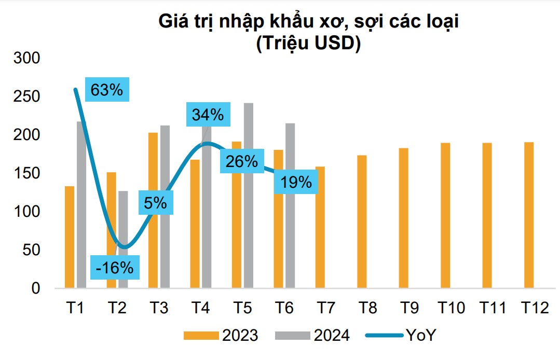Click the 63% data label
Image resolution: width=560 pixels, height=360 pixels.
pyautogui.click(x=106, y=90)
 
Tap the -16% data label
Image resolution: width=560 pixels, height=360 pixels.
pyautogui.click(x=115, y=268)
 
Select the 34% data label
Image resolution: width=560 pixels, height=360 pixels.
pyautogui.click(x=208, y=114)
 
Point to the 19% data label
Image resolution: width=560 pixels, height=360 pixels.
pyautogui.click(x=296, y=182)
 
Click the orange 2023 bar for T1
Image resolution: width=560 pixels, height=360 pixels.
pyautogui.click(x=70, y=237)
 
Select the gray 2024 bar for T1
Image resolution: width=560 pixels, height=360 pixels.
pyautogui.click(x=81, y=204)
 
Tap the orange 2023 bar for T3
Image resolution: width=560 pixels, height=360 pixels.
pyautogui.click(x=153, y=210)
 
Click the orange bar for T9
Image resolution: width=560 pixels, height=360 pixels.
pyautogui.click(x=404, y=218)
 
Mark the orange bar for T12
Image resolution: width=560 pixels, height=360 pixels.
pyautogui.click(x=529, y=215)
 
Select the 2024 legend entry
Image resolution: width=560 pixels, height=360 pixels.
pyautogui.click(x=315, y=336)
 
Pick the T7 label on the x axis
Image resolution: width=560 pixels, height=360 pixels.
pyautogui.click(x=326, y=309)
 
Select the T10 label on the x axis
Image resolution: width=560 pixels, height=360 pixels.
pyautogui.click(x=450, y=309)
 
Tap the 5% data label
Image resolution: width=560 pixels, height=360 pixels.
pyautogui.click(x=156, y=202)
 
